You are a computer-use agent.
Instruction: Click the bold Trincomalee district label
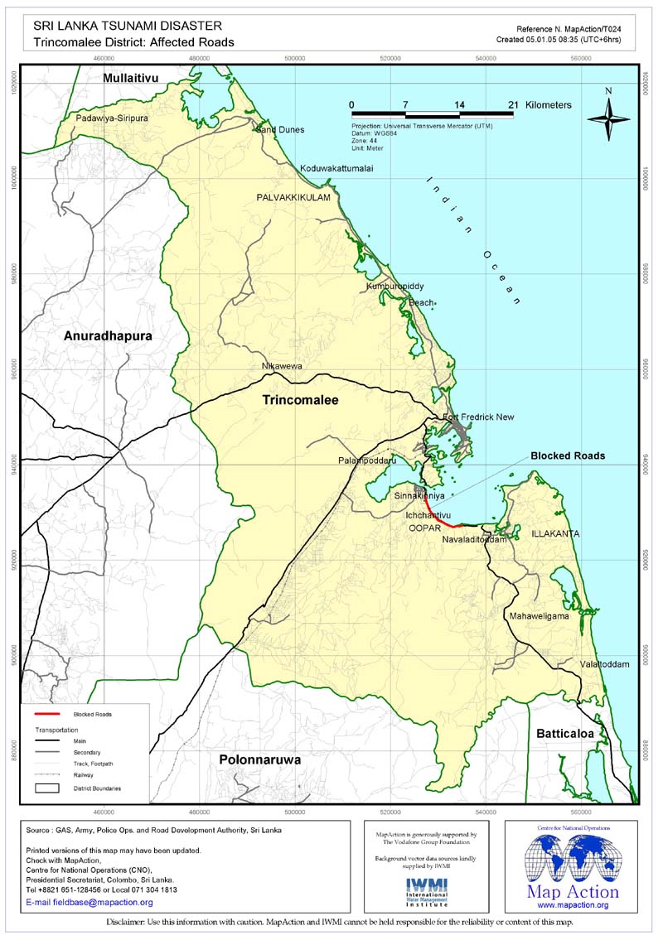pos(300,400)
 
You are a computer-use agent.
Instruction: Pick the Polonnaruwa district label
pos(259,759)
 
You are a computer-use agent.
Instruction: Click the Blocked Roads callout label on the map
pos(568,456)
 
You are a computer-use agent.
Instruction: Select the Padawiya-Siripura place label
pos(112,118)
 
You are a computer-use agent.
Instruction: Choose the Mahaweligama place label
pos(539,617)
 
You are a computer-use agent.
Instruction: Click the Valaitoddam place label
pos(593,664)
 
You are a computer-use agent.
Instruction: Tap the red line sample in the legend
pos(50,713)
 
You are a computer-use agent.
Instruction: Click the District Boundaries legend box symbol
pos(50,788)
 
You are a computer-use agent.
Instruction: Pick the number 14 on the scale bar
pos(459,105)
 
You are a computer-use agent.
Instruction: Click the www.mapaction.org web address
pos(573,905)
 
